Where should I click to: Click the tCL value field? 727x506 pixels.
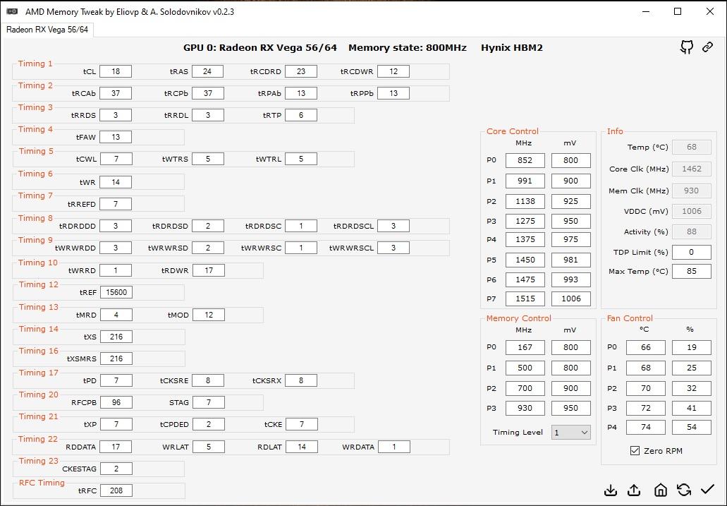[x=116, y=71]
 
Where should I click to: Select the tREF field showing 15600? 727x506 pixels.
[x=116, y=292]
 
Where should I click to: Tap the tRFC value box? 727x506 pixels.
[x=116, y=490]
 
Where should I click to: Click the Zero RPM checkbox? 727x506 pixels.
[x=635, y=450]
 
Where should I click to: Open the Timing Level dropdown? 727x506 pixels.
[x=570, y=432]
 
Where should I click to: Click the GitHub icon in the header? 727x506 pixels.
[x=687, y=47]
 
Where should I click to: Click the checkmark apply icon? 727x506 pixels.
[x=707, y=489]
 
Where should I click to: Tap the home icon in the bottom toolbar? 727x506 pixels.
[x=660, y=490]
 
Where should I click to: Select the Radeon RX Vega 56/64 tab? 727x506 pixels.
[x=47, y=30]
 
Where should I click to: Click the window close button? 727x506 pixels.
[x=709, y=11]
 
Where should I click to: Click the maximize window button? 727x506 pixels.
[x=678, y=11]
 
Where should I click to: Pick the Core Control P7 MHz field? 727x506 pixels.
[x=525, y=299]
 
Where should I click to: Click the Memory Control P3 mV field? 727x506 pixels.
[x=570, y=408]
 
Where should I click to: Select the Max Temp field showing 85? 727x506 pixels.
[x=691, y=271]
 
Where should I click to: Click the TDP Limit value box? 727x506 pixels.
[x=691, y=252]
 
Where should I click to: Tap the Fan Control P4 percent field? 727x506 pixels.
[x=691, y=427]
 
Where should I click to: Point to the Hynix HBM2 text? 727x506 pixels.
[x=512, y=48]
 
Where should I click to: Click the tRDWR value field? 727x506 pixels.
[x=209, y=270]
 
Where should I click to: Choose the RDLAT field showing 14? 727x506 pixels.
[x=301, y=447]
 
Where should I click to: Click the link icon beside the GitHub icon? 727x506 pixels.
[x=707, y=47]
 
